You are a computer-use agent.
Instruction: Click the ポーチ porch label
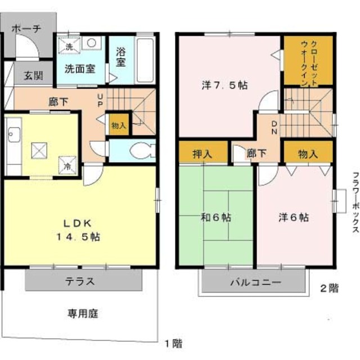26,29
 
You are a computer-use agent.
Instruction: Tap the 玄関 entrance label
34,75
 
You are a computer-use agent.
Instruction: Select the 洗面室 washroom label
80,69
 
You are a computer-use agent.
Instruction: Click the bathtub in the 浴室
145,60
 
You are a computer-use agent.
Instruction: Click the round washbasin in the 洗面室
91,43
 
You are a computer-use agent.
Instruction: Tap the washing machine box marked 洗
69,46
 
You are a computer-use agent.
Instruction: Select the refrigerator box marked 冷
67,165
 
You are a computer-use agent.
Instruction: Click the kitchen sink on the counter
13,134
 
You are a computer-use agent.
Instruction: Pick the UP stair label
100,100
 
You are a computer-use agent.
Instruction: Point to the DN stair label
274,128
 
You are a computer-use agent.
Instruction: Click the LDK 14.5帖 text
78,230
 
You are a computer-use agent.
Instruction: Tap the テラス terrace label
80,281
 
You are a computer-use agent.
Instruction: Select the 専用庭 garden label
83,314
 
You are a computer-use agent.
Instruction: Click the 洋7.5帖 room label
224,85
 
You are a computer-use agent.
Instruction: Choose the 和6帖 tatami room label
216,217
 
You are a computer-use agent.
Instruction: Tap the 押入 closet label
202,154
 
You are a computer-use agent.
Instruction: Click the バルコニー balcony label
255,282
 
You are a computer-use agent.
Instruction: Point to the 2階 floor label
329,289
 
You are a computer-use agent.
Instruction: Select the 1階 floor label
174,344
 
